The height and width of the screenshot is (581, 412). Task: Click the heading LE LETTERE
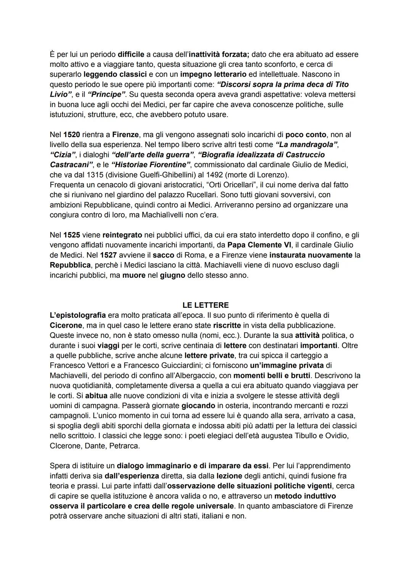tap(206, 305)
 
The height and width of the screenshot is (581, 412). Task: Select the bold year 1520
tap(72, 135)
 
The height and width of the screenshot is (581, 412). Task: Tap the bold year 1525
tap(72, 235)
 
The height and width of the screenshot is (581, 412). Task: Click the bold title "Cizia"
tap(63, 155)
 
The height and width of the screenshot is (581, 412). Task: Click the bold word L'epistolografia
tap(78, 315)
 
